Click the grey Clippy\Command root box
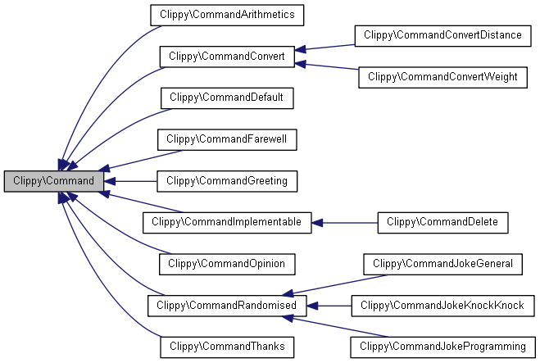pyautogui.click(x=54, y=180)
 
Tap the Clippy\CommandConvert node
pyautogui.click(x=226, y=57)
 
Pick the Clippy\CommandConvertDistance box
pyautogui.click(x=443, y=35)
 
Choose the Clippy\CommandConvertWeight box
pyautogui.click(x=442, y=77)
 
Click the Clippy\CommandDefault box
pyautogui.click(x=226, y=98)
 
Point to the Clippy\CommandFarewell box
pyautogui.click(x=226, y=139)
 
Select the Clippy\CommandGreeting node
pyautogui.click(x=226, y=180)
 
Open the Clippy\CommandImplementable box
pyautogui.click(x=226, y=222)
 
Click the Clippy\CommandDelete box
pyautogui.click(x=442, y=222)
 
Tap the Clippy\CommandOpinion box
pyautogui.click(x=226, y=264)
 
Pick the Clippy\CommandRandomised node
pyautogui.click(x=227, y=306)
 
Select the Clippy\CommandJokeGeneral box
pyautogui.click(x=442, y=264)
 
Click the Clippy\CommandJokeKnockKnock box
pyautogui.click(x=442, y=306)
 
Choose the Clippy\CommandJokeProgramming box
pyautogui.click(x=442, y=347)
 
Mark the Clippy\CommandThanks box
pyautogui.click(x=226, y=347)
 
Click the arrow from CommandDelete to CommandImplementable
pyautogui.click(x=344, y=222)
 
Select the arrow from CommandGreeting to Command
pyautogui.click(x=131, y=180)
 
